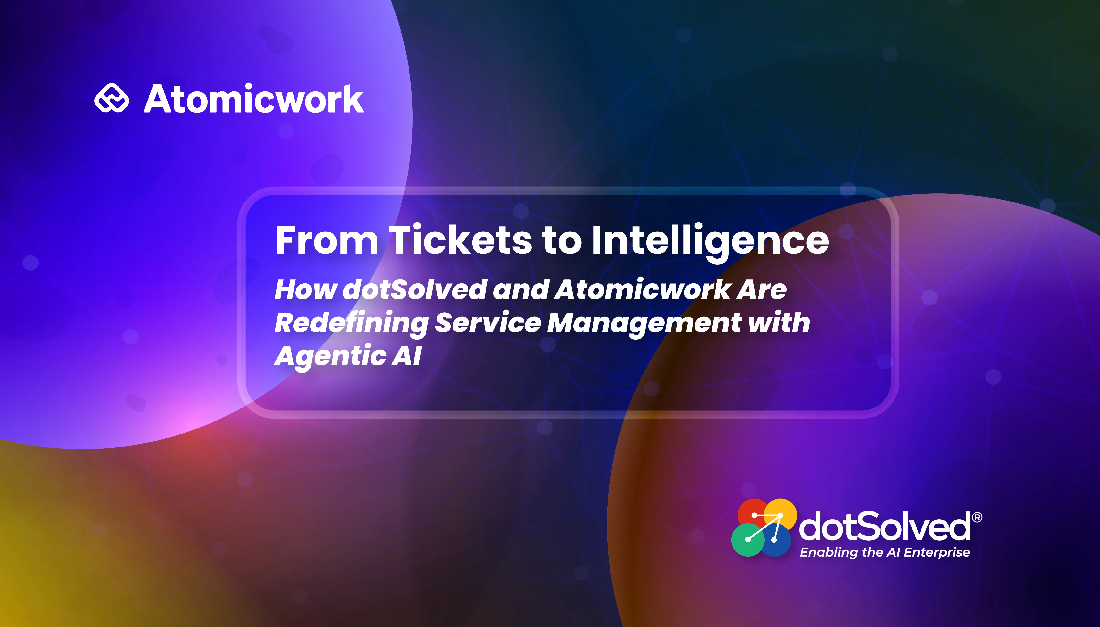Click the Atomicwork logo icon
point(111,98)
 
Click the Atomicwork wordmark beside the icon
point(254,99)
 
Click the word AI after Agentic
point(406,356)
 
